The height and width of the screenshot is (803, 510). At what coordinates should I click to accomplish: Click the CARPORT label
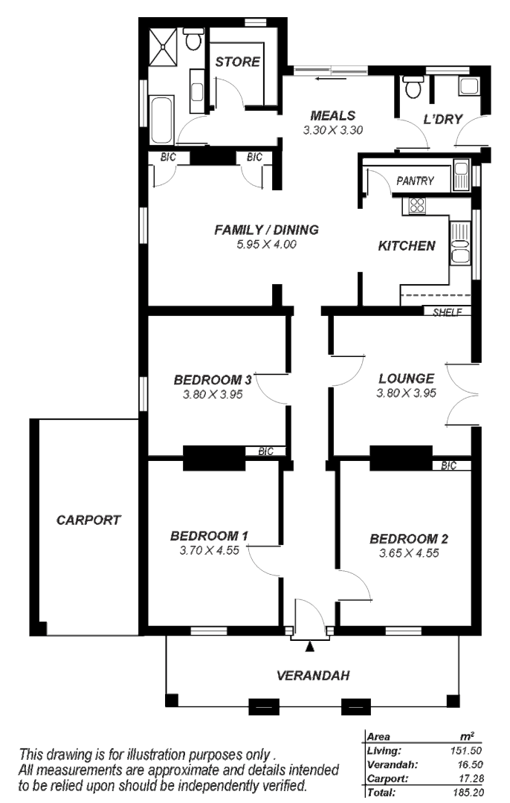88,520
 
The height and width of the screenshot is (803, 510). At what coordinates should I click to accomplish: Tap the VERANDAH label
313,676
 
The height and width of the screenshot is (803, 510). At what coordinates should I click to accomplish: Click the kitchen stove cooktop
413,206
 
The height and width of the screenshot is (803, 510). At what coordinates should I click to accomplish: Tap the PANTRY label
415,181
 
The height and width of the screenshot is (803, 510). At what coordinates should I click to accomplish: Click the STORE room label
238,62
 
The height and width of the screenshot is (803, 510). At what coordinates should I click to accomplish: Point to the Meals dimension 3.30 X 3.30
332,129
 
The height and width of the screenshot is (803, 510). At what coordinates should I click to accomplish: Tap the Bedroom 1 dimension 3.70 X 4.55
209,552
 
